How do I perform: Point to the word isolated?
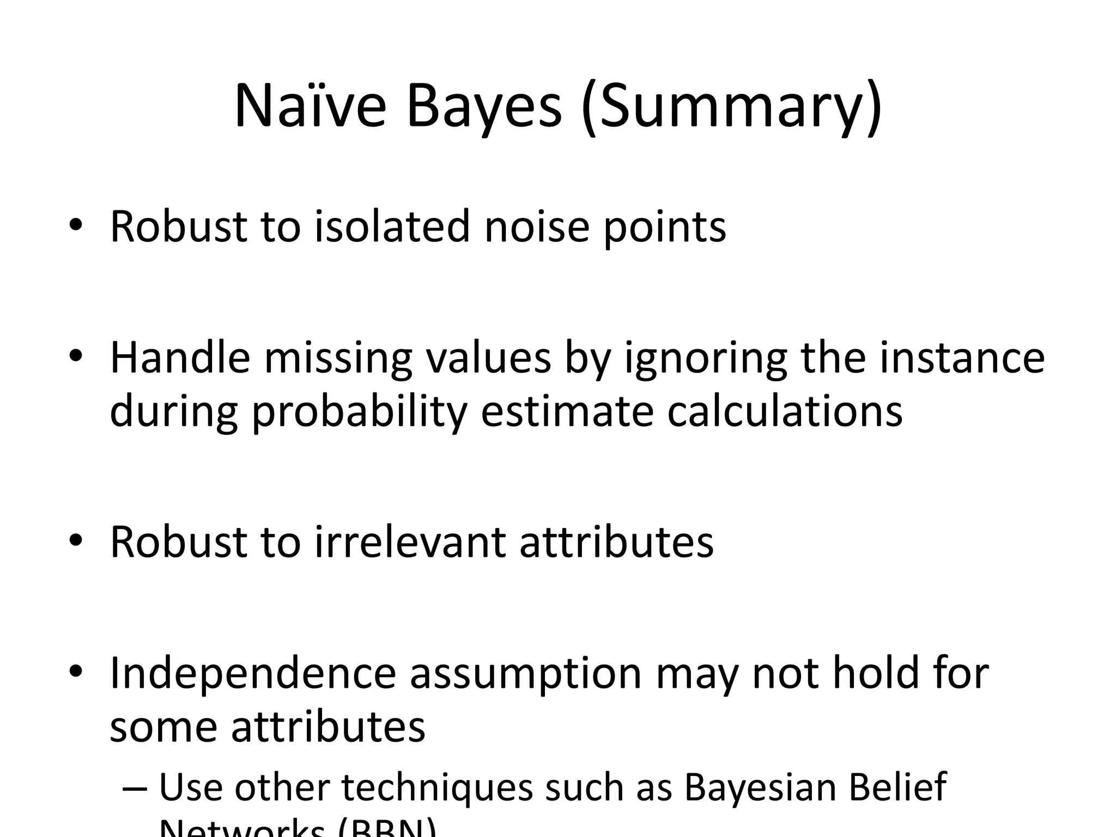[392, 226]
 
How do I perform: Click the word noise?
[537, 226]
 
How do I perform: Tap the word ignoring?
[705, 360]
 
